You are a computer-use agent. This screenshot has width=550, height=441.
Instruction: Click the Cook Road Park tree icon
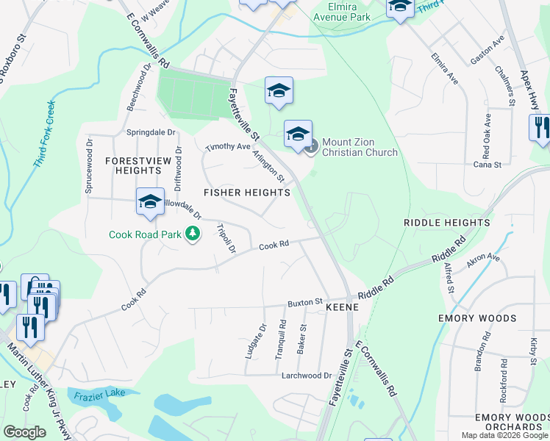[x=193, y=234]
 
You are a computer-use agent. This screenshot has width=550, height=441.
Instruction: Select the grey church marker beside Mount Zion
[x=311, y=147]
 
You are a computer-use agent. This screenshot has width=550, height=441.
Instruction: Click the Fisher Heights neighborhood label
[x=247, y=193]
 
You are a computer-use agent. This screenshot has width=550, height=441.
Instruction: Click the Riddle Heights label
[x=446, y=222]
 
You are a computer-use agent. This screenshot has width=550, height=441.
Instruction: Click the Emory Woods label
[x=488, y=318]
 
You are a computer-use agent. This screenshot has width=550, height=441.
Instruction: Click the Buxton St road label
[x=305, y=302]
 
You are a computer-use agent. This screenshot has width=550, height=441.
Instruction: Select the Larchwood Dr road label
[x=307, y=376]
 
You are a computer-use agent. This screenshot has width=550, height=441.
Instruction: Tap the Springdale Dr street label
[x=151, y=132]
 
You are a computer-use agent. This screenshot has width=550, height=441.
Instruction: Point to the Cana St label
[x=488, y=165]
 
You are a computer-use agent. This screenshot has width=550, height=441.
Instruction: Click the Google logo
[x=24, y=432]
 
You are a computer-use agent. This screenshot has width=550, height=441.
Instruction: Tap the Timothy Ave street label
[x=228, y=147]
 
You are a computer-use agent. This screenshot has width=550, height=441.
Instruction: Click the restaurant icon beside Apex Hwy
[x=540, y=127]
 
